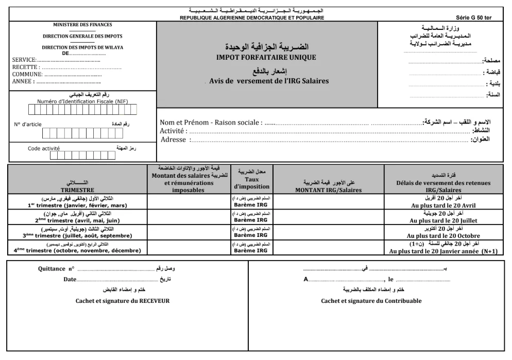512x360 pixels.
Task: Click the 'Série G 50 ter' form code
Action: coord(474,18)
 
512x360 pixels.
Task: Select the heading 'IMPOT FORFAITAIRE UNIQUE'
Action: coord(266,57)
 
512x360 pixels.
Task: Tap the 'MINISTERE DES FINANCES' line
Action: coord(83,24)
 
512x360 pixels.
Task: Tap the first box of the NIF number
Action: coord(31,109)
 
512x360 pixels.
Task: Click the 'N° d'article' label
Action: coord(28,125)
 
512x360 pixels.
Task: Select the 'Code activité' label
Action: coord(44,148)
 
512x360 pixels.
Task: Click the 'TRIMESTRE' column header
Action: coord(77,190)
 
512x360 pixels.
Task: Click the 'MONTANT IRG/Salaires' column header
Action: coord(328,190)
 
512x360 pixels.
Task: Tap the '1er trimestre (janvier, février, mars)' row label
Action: coord(77,205)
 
